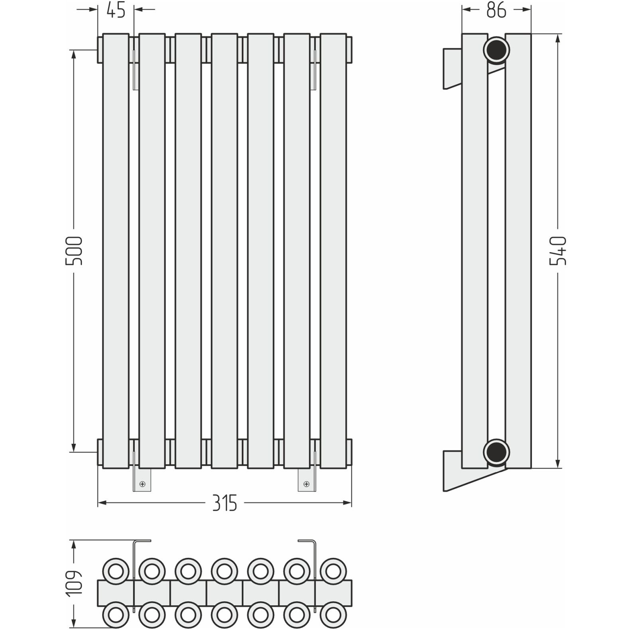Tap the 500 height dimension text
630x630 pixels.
(74, 251)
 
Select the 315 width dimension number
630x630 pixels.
(224, 503)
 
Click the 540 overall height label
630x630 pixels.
(558, 250)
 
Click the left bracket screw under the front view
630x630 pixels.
(142, 484)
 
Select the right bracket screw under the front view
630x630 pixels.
(306, 484)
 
